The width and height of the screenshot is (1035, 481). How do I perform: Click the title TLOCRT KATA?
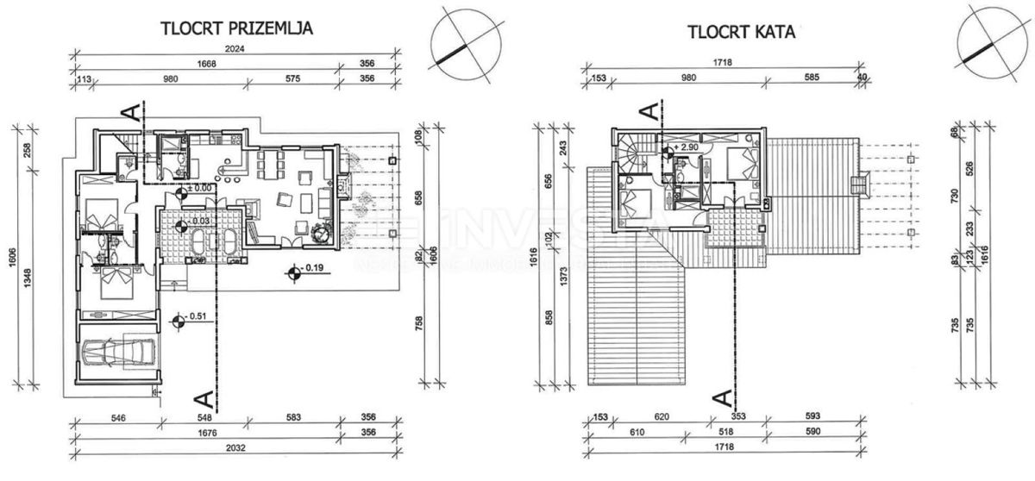pos(741,33)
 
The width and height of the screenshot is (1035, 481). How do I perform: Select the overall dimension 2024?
pos(234,49)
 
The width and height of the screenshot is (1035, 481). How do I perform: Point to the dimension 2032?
pos(234,448)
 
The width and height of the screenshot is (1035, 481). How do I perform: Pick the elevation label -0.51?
pos(198,316)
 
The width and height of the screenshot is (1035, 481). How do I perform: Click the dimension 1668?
pos(204,64)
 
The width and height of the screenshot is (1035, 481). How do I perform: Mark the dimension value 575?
pos(285,78)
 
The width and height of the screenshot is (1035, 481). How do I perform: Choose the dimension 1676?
pos(204,434)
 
